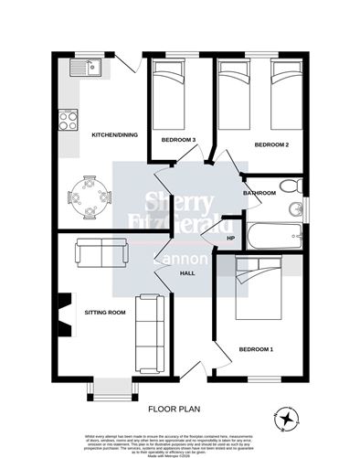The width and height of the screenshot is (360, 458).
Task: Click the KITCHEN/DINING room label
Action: pos(114,135)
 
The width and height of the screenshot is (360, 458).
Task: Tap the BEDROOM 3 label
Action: pos(178,140)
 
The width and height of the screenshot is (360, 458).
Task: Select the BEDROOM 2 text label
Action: pos(271,145)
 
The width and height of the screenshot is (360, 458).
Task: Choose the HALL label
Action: pos(187,273)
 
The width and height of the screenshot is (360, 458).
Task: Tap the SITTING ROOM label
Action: pos(103,313)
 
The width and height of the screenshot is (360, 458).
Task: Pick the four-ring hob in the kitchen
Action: pos(69,119)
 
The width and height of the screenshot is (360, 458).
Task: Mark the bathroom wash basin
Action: pos(296,211)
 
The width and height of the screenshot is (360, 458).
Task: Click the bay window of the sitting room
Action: pos(109,389)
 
